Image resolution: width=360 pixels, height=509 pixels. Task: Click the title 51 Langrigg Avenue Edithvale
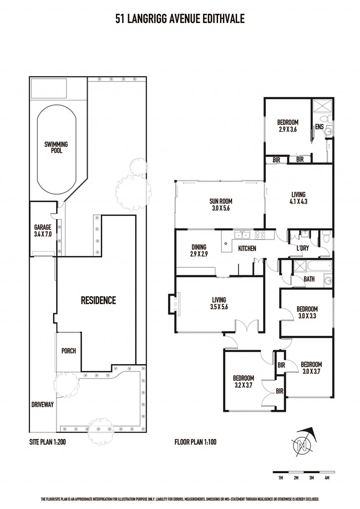pyautogui.click(x=180, y=18)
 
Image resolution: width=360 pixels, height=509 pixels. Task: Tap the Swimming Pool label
pyautogui.click(x=57, y=148)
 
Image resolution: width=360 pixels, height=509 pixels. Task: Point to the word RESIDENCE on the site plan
pyautogui.click(x=98, y=300)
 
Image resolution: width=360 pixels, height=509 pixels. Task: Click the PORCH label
pyautogui.click(x=68, y=351)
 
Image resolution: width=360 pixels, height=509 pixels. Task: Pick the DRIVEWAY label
pyautogui.click(x=42, y=404)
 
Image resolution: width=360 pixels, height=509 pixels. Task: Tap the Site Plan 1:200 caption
pyautogui.click(x=48, y=442)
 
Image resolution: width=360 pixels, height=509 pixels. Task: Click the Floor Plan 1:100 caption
pyautogui.click(x=195, y=442)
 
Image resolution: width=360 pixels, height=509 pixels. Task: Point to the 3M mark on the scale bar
pyautogui.click(x=311, y=478)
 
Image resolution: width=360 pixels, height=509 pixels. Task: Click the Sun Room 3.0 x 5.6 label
pyautogui.click(x=221, y=205)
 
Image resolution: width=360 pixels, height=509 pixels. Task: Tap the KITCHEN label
pyautogui.click(x=247, y=248)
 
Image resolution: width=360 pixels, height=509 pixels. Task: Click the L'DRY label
pyautogui.click(x=303, y=248)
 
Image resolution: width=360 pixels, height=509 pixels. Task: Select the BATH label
pyautogui.click(x=309, y=279)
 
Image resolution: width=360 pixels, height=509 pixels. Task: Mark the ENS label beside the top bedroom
pyautogui.click(x=319, y=127)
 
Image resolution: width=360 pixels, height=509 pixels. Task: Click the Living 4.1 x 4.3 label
pyautogui.click(x=298, y=197)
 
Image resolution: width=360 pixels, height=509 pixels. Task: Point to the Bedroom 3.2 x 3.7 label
pyautogui.click(x=244, y=381)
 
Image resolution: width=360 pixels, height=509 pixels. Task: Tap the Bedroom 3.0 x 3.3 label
pyautogui.click(x=307, y=312)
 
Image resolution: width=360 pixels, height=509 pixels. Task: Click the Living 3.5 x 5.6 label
pyautogui.click(x=219, y=303)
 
